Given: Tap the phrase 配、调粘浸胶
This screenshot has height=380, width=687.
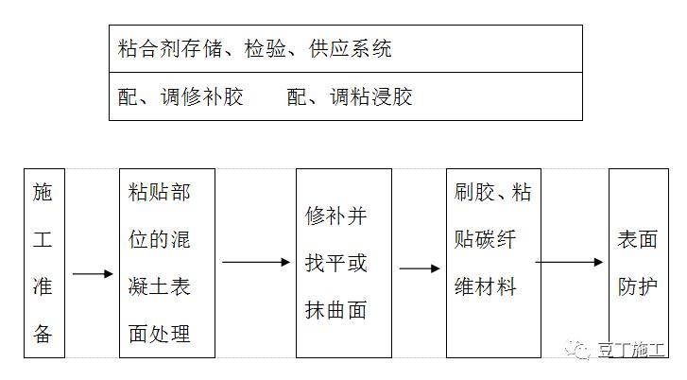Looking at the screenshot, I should [x=350, y=97].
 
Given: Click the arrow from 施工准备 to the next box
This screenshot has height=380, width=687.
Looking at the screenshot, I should [x=92, y=274].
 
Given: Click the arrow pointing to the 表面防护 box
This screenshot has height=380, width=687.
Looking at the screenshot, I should [x=570, y=262].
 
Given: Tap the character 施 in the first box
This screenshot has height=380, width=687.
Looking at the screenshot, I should [x=43, y=194].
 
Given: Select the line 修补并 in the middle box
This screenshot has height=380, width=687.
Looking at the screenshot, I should [x=335, y=216].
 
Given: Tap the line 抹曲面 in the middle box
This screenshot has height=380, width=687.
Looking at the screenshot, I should [x=335, y=309].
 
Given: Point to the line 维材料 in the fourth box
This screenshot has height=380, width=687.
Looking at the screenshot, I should [x=486, y=285].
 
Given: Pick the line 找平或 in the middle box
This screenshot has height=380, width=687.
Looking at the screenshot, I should [x=335, y=263].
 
